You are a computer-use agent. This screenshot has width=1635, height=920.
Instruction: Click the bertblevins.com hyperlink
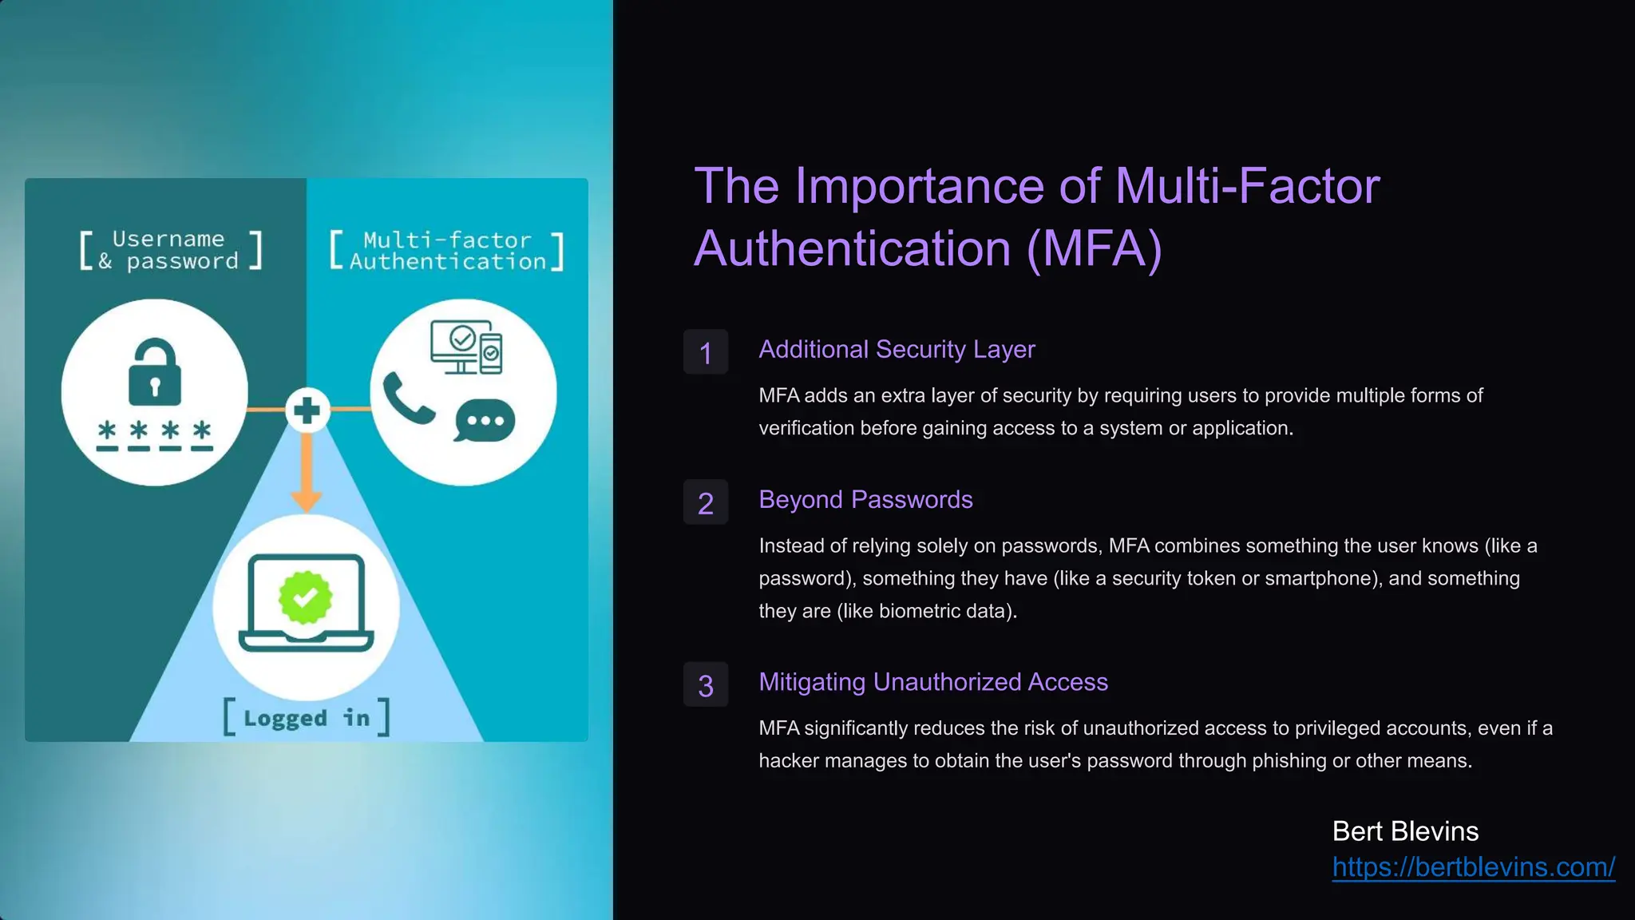(x=1473, y=867)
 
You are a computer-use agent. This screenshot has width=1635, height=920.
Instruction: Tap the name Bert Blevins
(x=1405, y=831)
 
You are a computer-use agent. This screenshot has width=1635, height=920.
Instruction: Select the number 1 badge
(x=706, y=352)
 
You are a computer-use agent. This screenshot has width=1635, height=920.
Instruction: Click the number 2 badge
(x=706, y=502)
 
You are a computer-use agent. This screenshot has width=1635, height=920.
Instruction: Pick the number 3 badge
(x=706, y=685)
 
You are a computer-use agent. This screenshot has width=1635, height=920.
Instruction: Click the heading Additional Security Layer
(x=897, y=349)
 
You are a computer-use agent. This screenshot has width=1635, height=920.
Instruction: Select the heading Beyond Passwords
(x=865, y=499)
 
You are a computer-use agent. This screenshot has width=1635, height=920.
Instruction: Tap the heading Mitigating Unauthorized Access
(x=933, y=682)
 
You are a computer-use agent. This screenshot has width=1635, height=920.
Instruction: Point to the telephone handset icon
(x=408, y=398)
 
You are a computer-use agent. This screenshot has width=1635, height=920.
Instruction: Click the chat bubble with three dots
(x=485, y=420)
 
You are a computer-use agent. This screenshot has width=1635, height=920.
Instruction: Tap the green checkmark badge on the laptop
(x=305, y=597)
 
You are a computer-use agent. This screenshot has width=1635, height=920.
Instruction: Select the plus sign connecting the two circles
(x=307, y=410)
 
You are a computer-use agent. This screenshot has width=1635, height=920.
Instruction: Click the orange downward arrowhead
(x=307, y=501)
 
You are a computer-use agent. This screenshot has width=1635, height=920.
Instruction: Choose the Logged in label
(x=307, y=718)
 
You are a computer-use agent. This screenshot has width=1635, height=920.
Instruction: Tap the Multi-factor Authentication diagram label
(x=447, y=251)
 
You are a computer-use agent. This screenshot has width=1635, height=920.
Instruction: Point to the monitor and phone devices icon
(x=466, y=347)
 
